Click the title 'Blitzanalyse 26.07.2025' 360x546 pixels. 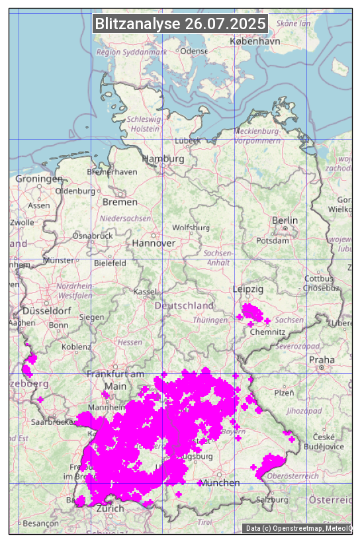[x=180, y=24]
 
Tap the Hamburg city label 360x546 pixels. [x=163, y=159]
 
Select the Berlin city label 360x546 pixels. [x=285, y=220]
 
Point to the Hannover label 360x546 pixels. [x=154, y=243]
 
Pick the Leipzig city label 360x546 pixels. [x=248, y=289]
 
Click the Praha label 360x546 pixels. [x=322, y=359]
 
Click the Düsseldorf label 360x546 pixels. [x=46, y=310]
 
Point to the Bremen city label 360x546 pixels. [x=120, y=202]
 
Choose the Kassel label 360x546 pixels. [x=144, y=292]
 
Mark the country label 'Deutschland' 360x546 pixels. [x=184, y=305]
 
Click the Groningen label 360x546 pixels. [x=39, y=179]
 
